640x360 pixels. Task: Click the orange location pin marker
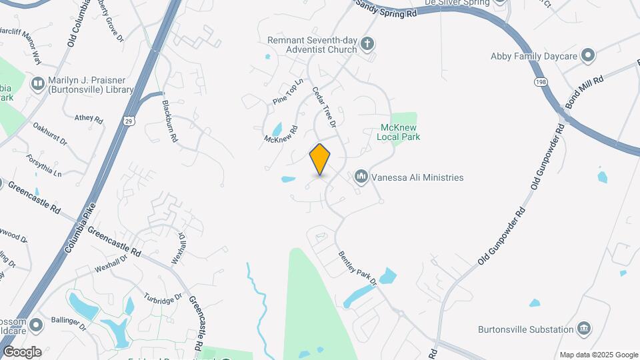pos(320,159)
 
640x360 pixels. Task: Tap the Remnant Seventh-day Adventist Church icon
pos(367,45)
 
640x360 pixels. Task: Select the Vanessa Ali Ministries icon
pos(361,177)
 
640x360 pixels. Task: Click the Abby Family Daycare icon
pos(587,55)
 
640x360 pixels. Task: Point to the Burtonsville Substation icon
pos(584,328)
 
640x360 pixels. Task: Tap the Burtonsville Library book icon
pos(37,83)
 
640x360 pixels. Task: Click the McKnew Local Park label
pos(400,132)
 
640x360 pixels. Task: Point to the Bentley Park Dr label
pos(357,268)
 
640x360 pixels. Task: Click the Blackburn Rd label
pos(169,121)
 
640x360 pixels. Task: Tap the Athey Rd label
pos(89,119)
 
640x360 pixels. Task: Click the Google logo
pos(22,351)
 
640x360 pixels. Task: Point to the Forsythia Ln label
pos(44,164)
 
